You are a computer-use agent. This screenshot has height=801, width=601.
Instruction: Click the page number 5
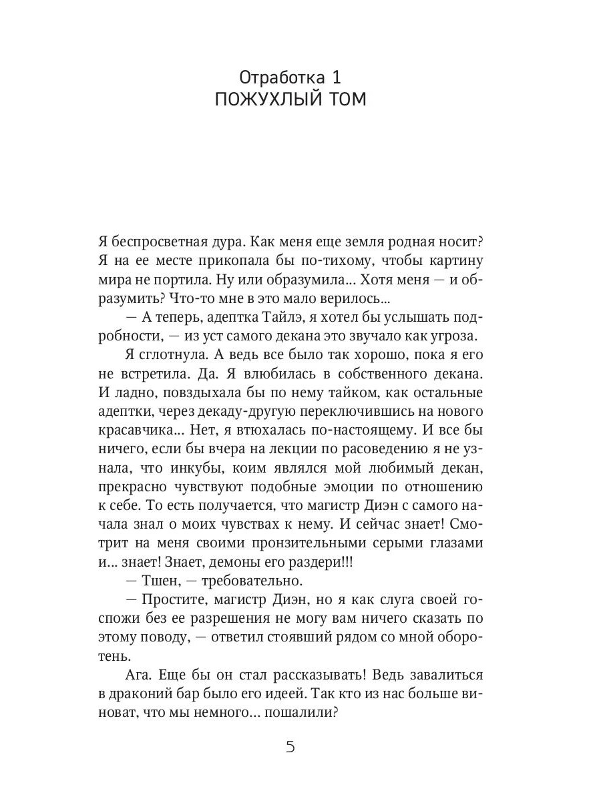pyautogui.click(x=290, y=746)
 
